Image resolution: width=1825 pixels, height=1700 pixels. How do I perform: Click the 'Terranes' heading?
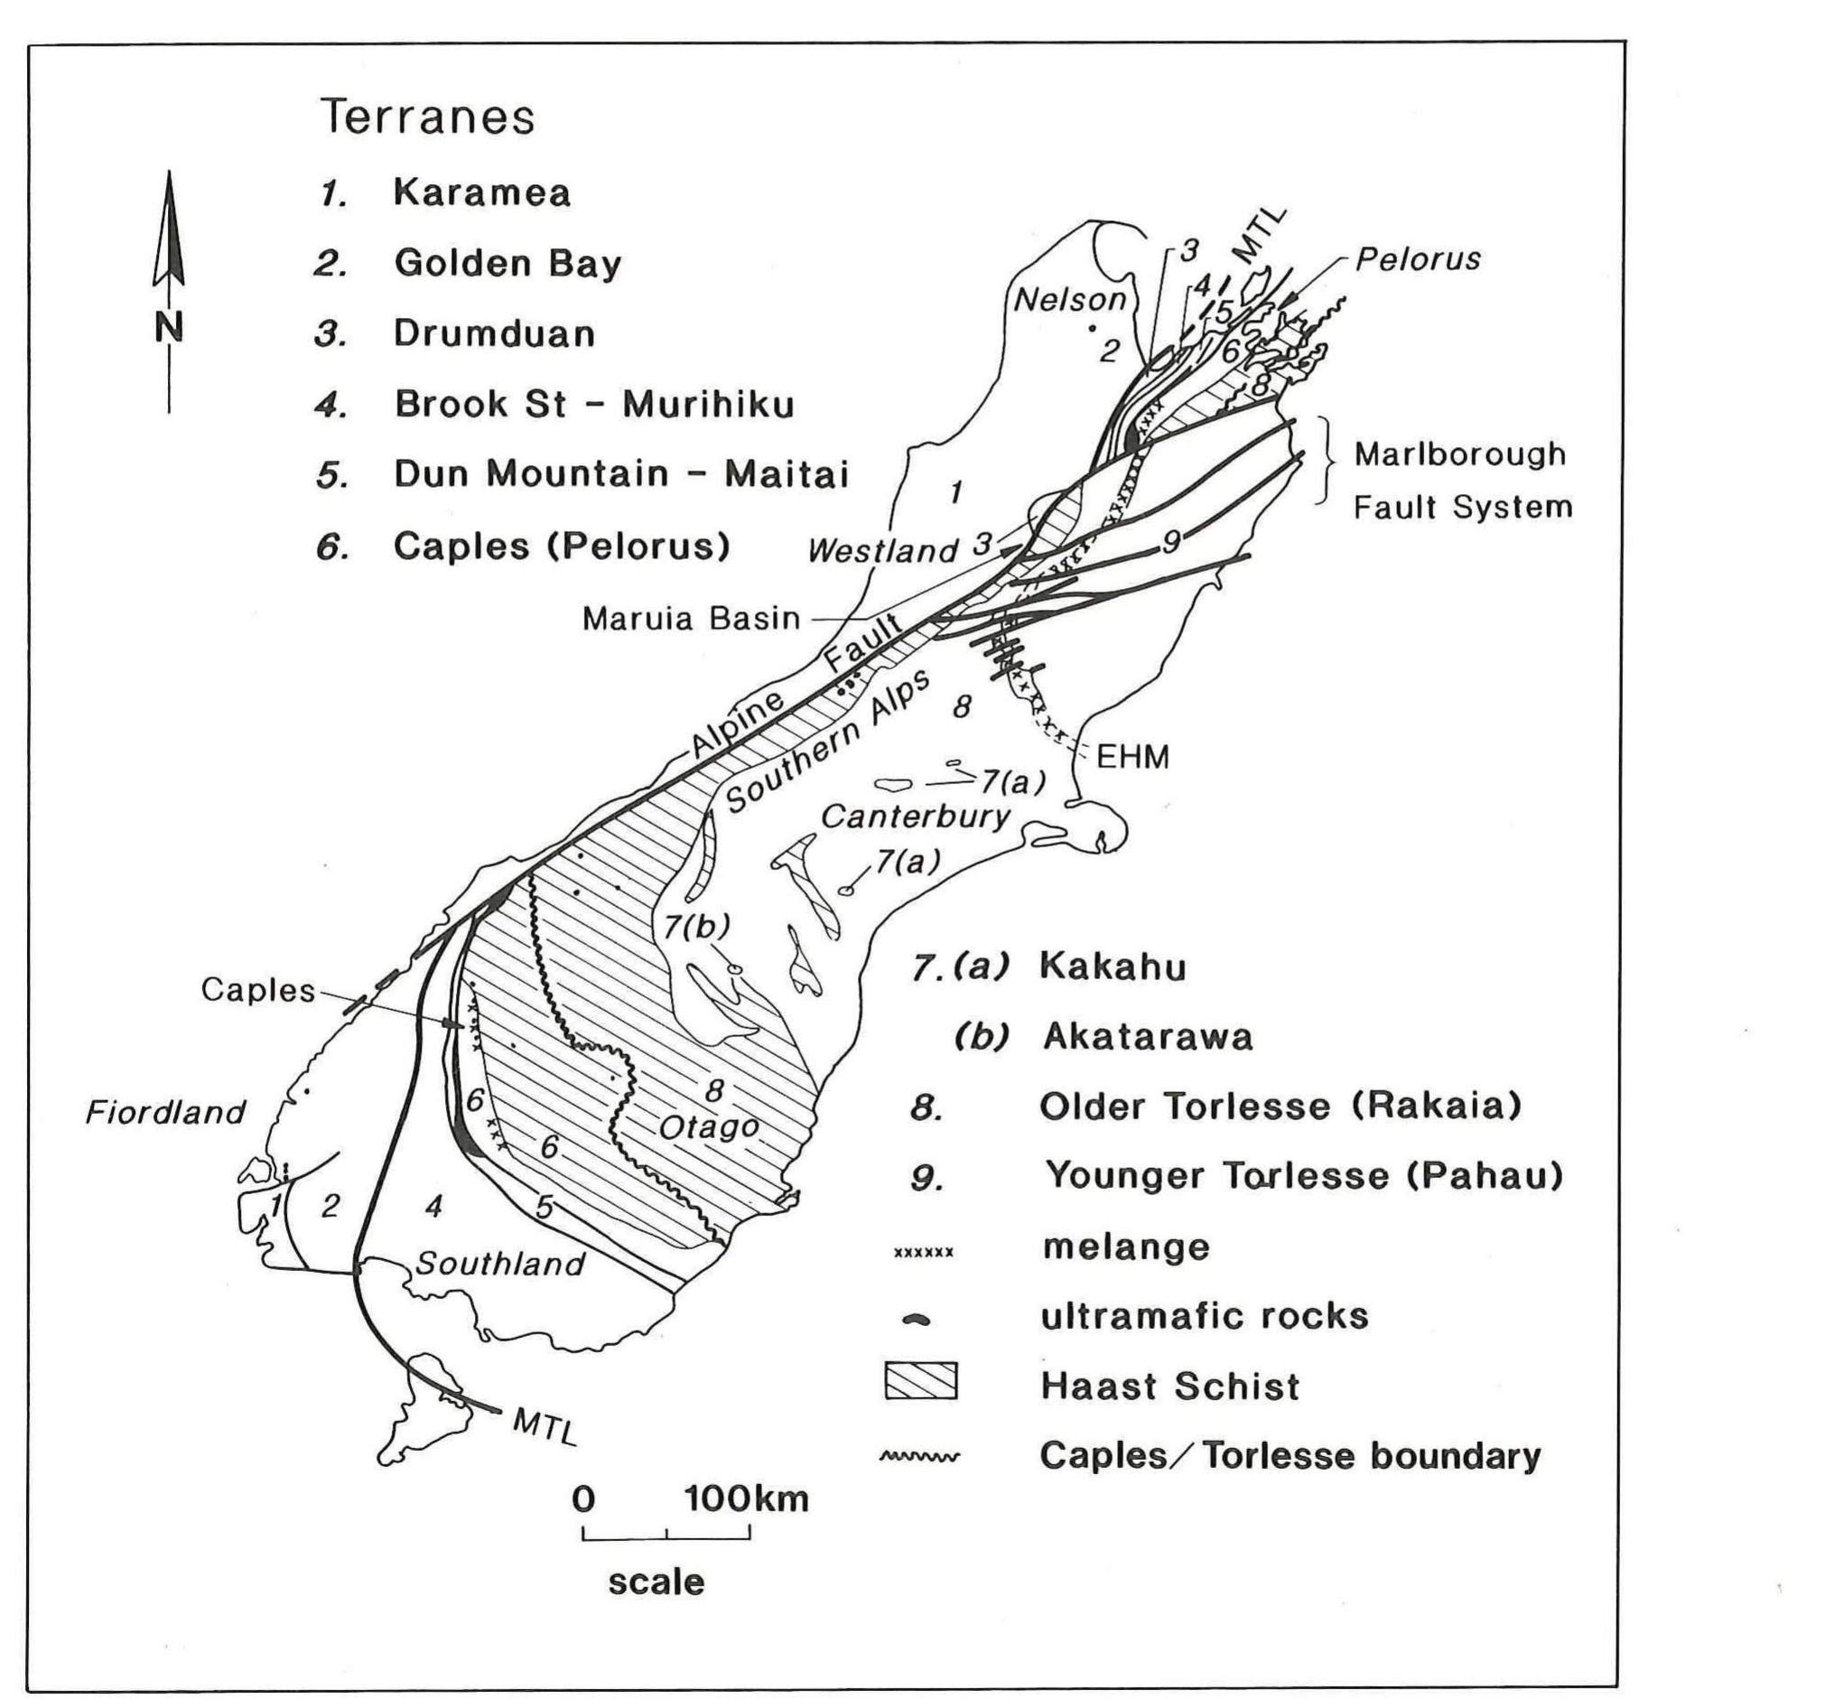coord(427,117)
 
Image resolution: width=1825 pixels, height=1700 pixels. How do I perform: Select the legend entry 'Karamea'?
coord(482,193)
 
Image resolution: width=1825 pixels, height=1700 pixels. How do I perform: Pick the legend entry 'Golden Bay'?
coord(507,264)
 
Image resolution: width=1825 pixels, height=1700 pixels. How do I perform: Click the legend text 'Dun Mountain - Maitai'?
coord(620,474)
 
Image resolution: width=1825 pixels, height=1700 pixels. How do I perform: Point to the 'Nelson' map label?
coord(1069,298)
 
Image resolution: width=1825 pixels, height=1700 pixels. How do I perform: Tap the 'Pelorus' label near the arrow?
coord(1419,259)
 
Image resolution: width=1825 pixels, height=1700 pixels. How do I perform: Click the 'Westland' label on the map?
coord(882,551)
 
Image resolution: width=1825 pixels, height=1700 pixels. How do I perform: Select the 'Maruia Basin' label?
coord(691,618)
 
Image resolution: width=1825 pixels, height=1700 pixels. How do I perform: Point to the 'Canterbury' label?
coord(916,816)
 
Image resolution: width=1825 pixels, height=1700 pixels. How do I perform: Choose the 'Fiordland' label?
coord(165,1112)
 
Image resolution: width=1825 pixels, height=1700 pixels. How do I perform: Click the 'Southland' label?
coord(500,1264)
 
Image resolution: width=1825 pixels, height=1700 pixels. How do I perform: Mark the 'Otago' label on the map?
coord(709,1126)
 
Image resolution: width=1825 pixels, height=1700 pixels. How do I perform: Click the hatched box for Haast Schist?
coord(920,1381)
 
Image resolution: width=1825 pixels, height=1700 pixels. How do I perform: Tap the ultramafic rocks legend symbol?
coord(917,1320)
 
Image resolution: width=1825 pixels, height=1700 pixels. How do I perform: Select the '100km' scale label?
coord(746,1499)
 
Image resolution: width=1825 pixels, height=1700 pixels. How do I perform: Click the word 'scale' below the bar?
coord(656,1582)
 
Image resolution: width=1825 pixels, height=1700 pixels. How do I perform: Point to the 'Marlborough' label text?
coord(1459,453)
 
